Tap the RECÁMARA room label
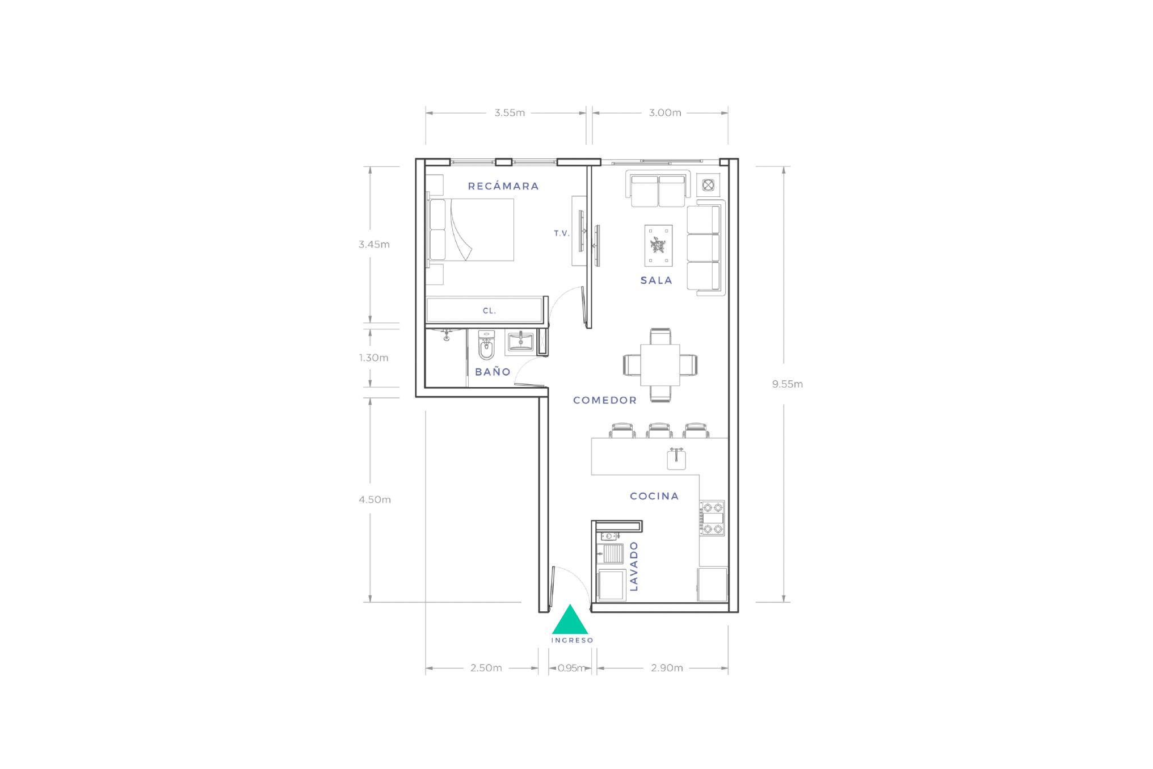[x=503, y=186]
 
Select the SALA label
[x=657, y=280]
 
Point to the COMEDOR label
[x=605, y=400]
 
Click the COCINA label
[x=654, y=496]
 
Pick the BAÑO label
[x=493, y=372]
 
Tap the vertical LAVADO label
[x=634, y=566]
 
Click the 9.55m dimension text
[x=788, y=384]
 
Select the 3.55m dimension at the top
[x=510, y=113]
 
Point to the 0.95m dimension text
[x=571, y=668]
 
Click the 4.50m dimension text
[x=374, y=500]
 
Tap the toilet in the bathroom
[x=487, y=346]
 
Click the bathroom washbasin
[x=520, y=342]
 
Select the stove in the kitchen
[x=712, y=518]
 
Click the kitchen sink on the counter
[x=676, y=459]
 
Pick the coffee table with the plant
[x=658, y=246]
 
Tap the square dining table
[x=660, y=364]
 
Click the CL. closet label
[x=489, y=311]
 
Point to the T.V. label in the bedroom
[x=562, y=233]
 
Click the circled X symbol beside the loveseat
[x=708, y=184]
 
